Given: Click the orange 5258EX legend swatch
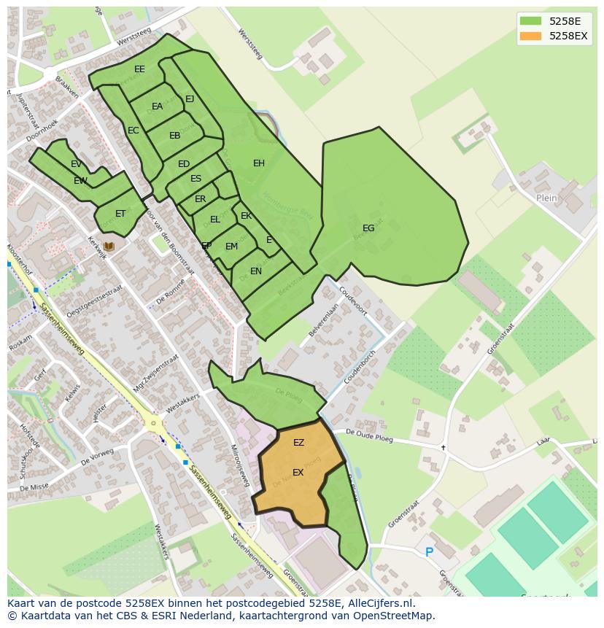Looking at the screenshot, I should coord(530,36).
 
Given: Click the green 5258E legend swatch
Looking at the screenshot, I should coord(530,21).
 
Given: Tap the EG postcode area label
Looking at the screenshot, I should coord(368,228).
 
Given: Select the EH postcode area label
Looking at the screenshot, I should coord(259,163).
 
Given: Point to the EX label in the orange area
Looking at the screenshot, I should coord(298,473).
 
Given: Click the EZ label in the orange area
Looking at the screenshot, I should coord(298,443).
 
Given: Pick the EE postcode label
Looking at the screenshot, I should coord(139,69).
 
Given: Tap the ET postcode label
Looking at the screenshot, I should coord(120,214).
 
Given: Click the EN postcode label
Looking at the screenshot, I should coord(256,271).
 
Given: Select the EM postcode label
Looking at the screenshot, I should coord(231,247).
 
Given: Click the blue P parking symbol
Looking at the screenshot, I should coord(429,552).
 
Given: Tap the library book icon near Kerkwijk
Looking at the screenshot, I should coord(109,247).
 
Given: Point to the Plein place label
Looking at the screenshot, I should coord(546,198).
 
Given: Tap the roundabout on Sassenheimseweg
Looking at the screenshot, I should coord(152,422).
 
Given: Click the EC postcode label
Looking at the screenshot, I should coord(133,131).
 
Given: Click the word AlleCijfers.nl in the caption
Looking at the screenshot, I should coord(382,604).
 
